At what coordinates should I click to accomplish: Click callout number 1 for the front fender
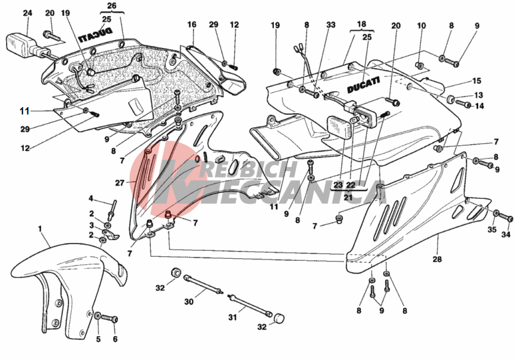click(40, 229)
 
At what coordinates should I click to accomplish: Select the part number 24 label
click(27, 13)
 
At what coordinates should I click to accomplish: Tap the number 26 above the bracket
click(111, 6)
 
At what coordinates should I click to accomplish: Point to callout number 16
click(192, 25)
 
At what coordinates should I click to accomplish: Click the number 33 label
click(330, 25)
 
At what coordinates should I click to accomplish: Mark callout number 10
click(421, 25)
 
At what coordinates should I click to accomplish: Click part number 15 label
click(477, 81)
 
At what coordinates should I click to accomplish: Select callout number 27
click(120, 182)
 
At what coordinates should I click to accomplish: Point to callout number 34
click(506, 234)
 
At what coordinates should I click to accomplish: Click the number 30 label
click(188, 301)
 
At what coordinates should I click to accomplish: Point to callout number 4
click(91, 198)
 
